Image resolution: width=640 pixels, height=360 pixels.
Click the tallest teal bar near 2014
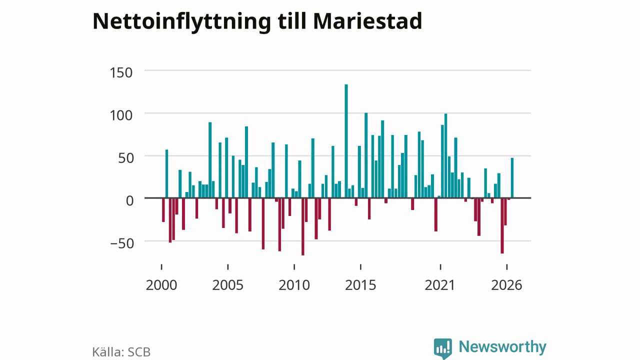click(346, 141)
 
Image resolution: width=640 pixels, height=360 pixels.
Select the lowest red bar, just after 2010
click(303, 226)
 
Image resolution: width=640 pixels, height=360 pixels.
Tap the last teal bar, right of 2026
click(512, 177)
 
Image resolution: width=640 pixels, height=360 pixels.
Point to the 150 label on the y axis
click(121, 72)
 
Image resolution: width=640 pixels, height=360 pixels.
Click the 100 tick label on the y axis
click(121, 115)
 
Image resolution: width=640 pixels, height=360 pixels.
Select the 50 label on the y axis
click(125, 158)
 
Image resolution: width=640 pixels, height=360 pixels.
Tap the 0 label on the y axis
click(129, 201)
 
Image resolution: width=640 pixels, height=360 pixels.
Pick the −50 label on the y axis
click(122, 243)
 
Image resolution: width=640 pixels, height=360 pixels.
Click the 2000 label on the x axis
click(161, 285)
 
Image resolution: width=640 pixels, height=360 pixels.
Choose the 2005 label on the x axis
click(227, 285)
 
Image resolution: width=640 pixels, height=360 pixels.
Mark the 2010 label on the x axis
click(294, 285)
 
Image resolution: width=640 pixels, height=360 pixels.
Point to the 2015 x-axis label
click(360, 285)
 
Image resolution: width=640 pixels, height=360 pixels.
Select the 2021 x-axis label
click(439, 285)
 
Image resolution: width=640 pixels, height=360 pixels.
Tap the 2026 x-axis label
click(506, 285)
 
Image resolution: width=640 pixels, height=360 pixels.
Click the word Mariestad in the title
click(367, 21)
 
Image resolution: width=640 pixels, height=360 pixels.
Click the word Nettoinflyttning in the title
click(181, 22)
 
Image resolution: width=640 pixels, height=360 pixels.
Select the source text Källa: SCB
click(121, 351)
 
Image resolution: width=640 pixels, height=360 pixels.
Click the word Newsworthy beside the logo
click(502, 346)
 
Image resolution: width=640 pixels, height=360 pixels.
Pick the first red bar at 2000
click(163, 210)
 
